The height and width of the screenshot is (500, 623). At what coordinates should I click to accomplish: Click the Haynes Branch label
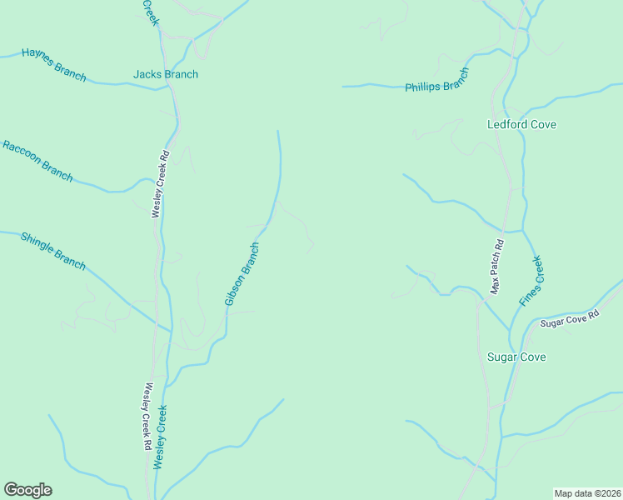tap(54, 64)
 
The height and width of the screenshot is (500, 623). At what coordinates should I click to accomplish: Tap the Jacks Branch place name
tap(166, 74)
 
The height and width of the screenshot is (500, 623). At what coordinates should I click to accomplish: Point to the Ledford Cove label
tap(521, 124)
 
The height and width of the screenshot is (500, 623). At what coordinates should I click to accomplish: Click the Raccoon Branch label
tap(37, 161)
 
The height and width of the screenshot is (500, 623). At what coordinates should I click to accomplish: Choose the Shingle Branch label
tap(52, 250)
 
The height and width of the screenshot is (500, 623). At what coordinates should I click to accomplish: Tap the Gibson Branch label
tap(242, 273)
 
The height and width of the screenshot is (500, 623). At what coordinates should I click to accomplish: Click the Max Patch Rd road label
tap(497, 267)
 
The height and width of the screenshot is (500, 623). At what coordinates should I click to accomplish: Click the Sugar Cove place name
tap(516, 357)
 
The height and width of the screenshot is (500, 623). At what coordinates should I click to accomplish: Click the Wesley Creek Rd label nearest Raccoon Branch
tap(161, 183)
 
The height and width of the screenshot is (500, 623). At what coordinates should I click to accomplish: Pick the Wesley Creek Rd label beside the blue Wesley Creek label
tap(147, 417)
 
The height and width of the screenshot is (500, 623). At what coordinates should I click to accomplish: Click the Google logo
tap(27, 490)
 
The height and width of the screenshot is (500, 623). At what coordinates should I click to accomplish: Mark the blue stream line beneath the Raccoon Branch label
tap(92, 188)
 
